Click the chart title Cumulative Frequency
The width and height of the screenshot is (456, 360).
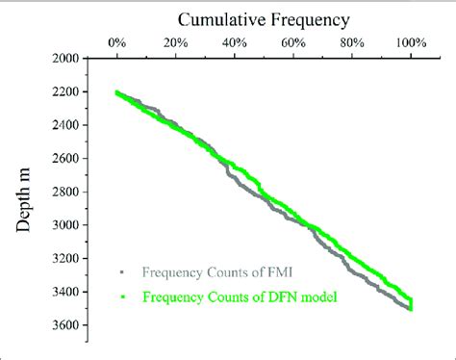coord(263,17)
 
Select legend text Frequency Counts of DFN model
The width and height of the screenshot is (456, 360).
coord(241,297)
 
